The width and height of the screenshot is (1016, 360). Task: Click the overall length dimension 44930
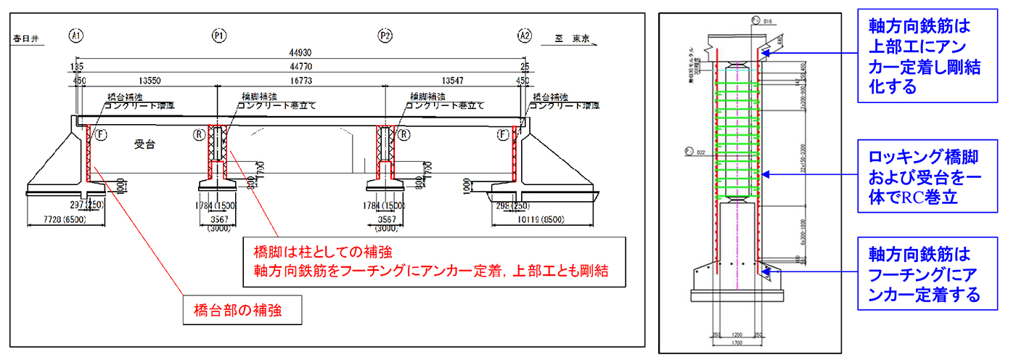[x=300, y=53]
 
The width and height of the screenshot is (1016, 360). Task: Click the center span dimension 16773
[x=300, y=81]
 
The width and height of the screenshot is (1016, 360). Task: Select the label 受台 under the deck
[x=145, y=144]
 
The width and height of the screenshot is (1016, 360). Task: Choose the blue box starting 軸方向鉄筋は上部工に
[x=920, y=56]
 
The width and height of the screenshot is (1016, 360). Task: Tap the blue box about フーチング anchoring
[x=920, y=274]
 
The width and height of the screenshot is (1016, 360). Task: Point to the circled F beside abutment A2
[x=502, y=134]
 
